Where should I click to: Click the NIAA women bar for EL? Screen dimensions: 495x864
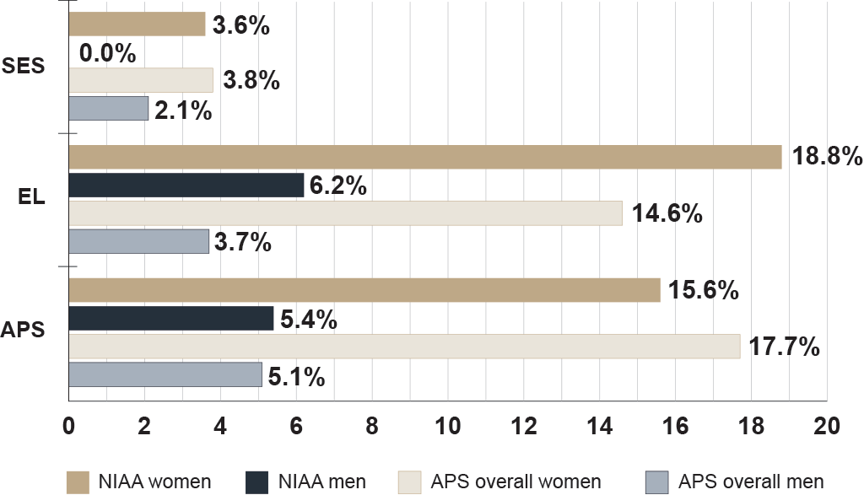tap(424, 157)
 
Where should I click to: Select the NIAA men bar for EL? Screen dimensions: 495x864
tap(186, 185)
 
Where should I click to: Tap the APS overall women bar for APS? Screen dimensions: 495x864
tap(403, 346)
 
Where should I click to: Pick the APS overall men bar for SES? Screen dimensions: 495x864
tap(108, 109)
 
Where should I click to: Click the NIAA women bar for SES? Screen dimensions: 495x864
tap(136, 24)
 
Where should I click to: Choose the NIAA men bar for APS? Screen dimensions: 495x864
tap(170, 318)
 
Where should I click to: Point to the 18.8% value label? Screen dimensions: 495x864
tap(824, 157)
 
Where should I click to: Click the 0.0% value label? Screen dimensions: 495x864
tap(107, 53)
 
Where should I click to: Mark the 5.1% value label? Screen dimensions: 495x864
tap(296, 376)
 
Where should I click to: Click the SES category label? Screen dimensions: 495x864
tap(23, 67)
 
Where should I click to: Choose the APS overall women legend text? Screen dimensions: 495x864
tap(516, 482)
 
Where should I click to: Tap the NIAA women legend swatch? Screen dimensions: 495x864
tap(78, 482)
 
